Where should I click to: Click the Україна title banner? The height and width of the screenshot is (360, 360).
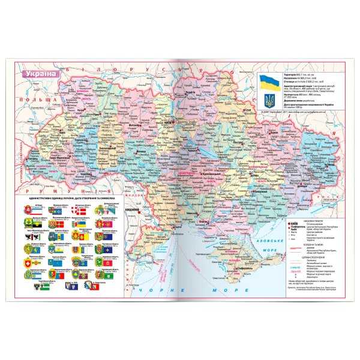[x=40, y=74]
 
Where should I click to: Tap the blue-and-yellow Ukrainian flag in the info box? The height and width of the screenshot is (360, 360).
[x=269, y=80]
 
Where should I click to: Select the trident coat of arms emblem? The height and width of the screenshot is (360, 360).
[x=269, y=98]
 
